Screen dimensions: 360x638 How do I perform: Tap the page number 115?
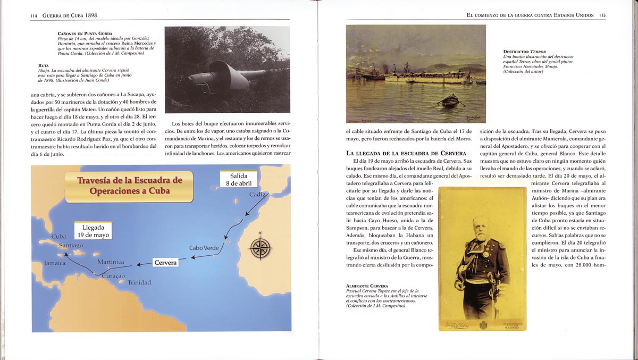click(x=602, y=16)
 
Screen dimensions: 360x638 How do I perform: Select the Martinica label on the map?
click(x=111, y=262)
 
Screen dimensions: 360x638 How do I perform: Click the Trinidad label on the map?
click(x=139, y=282)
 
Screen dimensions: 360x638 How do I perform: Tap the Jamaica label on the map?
click(x=55, y=263)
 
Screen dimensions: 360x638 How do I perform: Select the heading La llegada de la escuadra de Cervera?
click(x=406, y=154)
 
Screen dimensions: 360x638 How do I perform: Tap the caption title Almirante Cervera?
click(x=367, y=286)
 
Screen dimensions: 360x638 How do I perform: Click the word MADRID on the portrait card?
click(x=513, y=328)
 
